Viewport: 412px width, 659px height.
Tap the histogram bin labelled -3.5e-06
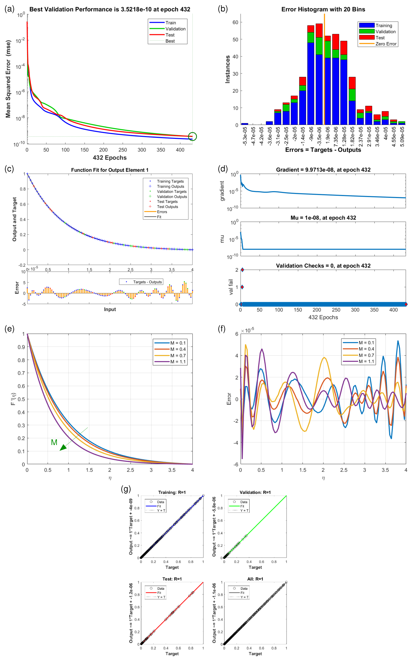319,82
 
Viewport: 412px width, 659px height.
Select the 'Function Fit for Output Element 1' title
110,170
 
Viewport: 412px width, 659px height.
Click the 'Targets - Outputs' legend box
141,282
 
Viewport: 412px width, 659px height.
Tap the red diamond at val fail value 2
242,270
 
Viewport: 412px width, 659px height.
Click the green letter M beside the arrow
54,442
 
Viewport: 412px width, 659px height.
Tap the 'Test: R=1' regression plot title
172,579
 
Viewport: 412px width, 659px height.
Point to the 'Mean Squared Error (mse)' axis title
8,79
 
